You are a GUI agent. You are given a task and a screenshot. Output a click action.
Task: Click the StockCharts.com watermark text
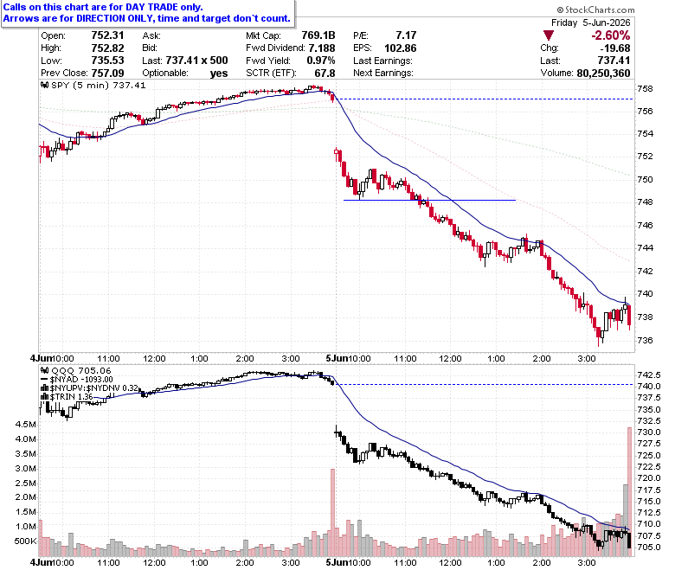pos(595,10)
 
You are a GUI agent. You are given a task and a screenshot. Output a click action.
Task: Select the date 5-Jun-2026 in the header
pos(607,22)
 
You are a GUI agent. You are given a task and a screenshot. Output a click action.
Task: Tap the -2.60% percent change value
pos(610,35)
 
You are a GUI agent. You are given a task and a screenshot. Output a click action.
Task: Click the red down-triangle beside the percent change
pos(549,35)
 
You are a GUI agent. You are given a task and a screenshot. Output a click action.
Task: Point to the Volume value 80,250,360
pos(603,74)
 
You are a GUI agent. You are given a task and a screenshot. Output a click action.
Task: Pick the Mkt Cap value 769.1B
pos(318,35)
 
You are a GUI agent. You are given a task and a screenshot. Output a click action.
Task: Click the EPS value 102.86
pos(401,48)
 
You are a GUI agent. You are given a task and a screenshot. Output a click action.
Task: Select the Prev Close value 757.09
pos(107,74)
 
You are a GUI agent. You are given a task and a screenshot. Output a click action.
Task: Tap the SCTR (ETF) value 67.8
pos(325,74)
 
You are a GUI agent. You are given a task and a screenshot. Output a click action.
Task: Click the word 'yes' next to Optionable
pos(219,74)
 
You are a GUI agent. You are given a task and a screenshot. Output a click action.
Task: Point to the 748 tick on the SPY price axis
pos(645,202)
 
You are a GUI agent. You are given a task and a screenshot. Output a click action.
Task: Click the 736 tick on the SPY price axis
pos(645,340)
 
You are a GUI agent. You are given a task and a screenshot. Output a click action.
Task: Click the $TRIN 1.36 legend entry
pos(68,397)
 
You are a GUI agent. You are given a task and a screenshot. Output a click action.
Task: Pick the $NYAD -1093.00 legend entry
pos(77,380)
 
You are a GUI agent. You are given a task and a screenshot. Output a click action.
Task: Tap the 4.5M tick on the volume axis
pos(25,425)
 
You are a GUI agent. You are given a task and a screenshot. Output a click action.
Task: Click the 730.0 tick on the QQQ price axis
pos(649,432)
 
